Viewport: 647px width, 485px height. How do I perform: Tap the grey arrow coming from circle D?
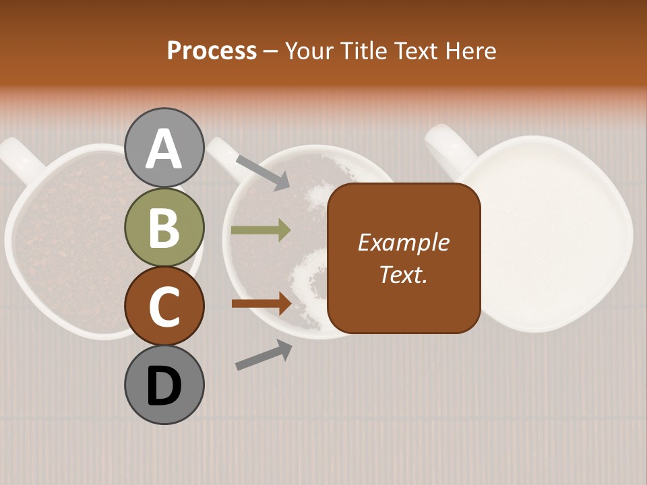[x=264, y=355]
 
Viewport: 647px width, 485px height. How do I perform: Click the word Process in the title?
[x=212, y=51]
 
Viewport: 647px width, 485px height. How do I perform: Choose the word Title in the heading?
[x=363, y=51]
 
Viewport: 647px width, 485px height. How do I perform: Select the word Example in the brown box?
[x=404, y=243]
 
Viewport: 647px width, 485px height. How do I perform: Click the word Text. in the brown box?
[x=404, y=274]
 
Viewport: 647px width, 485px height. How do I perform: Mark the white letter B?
[x=164, y=228]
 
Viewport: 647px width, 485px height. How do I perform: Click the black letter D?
[x=164, y=385]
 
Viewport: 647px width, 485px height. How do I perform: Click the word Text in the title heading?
[x=415, y=51]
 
